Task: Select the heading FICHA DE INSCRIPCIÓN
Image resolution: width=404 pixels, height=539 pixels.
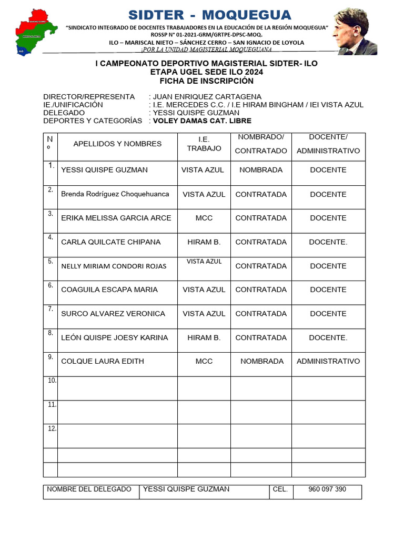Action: tap(206, 81)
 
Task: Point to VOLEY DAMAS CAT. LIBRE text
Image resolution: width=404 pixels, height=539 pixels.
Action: tap(202, 121)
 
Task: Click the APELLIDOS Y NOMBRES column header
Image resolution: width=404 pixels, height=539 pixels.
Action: tap(117, 144)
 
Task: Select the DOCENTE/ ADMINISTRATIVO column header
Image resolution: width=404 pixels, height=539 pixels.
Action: tap(328, 144)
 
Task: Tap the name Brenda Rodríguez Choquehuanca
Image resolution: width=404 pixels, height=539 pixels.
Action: tap(115, 194)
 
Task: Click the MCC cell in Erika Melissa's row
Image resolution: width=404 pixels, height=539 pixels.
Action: tap(204, 218)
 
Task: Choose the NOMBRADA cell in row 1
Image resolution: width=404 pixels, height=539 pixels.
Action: tap(261, 170)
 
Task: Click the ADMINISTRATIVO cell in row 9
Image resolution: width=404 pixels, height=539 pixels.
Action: tap(328, 361)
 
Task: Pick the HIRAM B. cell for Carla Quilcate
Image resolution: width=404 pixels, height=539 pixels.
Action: tap(204, 242)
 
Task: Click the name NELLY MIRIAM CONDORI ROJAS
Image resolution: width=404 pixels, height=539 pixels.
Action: tap(114, 266)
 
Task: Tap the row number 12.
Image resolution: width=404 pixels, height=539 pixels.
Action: tap(52, 428)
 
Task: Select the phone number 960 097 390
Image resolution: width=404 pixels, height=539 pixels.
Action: tap(327, 489)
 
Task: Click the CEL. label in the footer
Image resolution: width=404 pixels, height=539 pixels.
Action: tap(280, 489)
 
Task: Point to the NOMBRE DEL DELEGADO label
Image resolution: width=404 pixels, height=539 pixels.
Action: tap(89, 489)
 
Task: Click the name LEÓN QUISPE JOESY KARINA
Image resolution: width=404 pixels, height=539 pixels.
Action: tap(115, 337)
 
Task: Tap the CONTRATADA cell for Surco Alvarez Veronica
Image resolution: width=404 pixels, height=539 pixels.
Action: tap(261, 314)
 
